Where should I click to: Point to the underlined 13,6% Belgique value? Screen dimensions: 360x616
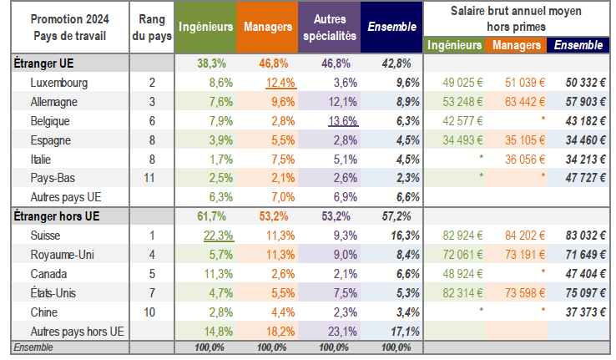click(x=341, y=119)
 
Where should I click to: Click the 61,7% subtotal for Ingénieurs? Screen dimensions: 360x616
click(x=207, y=216)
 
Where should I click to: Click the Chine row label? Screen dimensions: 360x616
click(x=45, y=312)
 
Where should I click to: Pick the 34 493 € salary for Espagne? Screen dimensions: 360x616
click(x=450, y=139)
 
